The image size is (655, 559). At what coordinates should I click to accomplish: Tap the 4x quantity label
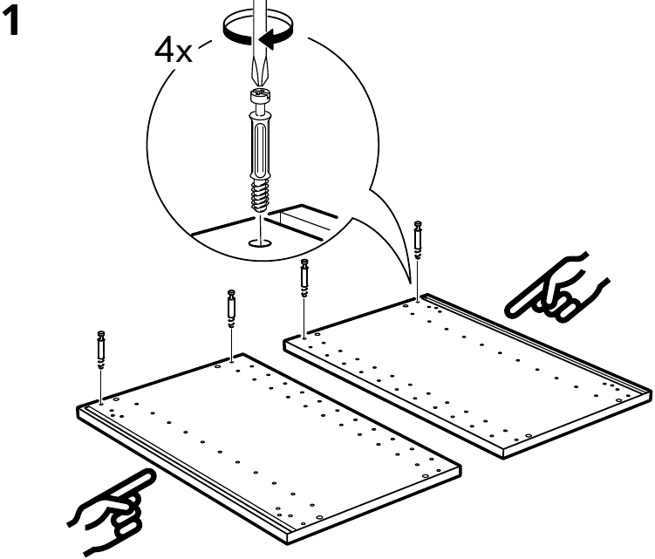click(174, 51)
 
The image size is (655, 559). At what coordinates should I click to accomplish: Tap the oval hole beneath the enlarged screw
click(260, 242)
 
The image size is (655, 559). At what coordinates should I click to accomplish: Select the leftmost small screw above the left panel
click(101, 350)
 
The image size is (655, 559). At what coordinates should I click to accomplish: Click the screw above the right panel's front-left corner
click(304, 278)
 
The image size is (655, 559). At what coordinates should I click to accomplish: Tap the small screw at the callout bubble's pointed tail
click(418, 240)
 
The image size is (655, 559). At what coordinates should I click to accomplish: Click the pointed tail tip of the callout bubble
click(411, 290)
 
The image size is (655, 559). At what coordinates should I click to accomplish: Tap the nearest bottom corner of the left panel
click(288, 543)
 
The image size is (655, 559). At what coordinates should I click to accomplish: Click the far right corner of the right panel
click(651, 391)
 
